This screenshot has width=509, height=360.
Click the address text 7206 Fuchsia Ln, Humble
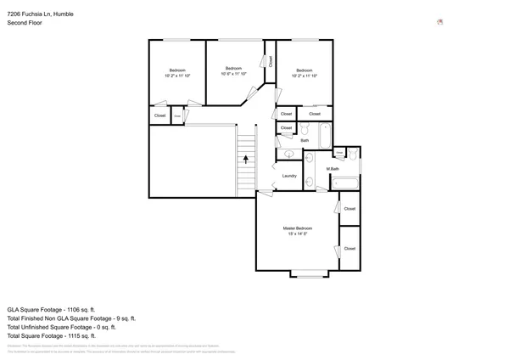coord(41,13)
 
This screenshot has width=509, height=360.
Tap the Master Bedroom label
coord(298,228)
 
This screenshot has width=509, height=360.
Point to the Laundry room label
coord(289,176)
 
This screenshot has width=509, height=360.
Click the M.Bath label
coord(333,169)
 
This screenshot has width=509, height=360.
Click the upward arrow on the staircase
coord(246,157)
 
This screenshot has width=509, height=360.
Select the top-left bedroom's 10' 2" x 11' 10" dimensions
coord(177,76)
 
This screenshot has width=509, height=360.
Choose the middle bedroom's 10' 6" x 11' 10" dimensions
coord(233,74)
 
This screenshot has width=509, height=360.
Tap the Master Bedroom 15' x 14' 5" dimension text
coord(298,234)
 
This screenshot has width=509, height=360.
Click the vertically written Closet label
coord(271,61)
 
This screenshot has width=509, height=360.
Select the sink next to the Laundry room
coord(288,155)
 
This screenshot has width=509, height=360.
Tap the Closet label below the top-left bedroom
coord(159,115)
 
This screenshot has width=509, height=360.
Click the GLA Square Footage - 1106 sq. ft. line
coord(52,309)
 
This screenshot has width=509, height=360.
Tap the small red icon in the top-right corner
coord(439,22)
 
